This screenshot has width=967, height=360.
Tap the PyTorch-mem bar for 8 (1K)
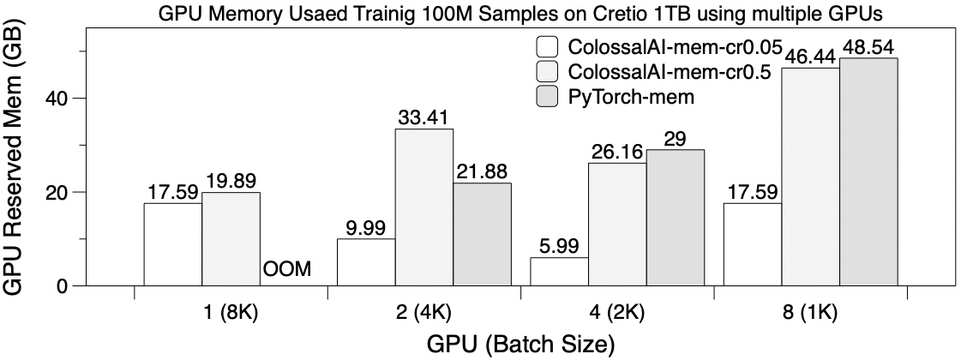[x=868, y=171]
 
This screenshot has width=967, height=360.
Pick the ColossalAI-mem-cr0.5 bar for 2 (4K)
[x=424, y=207]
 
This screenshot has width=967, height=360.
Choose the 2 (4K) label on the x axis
[x=424, y=312]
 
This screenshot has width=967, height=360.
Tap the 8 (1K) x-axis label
[x=810, y=312]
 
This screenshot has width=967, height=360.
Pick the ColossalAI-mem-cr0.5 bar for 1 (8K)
[x=231, y=238]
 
